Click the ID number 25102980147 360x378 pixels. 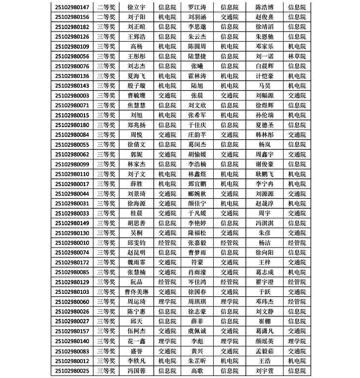tap(72, 7)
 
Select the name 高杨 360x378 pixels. tap(136, 46)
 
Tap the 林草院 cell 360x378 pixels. tap(297, 56)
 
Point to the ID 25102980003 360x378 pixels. tap(72, 95)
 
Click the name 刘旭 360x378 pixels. tap(136, 115)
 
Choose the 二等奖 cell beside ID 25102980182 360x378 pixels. tap(106, 27)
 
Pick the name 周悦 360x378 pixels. tap(136, 134)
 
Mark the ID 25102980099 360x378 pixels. tap(72, 164)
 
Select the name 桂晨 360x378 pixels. tap(136, 213)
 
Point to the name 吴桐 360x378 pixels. tap(136, 233)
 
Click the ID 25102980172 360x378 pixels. tap(72, 262)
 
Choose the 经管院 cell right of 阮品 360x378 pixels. tap(167, 282)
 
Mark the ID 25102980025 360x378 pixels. tap(72, 370)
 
